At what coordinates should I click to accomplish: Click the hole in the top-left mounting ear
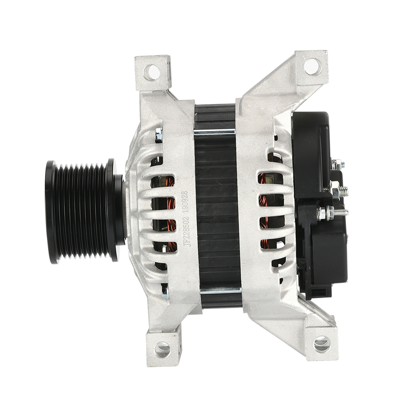(x=152, y=72)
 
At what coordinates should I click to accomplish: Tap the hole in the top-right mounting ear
(x=313, y=66)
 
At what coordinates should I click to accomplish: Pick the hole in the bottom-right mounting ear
(x=322, y=344)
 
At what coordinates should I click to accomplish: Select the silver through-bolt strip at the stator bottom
(x=220, y=290)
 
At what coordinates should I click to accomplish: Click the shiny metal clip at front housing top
(x=158, y=135)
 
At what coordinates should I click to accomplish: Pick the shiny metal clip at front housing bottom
(x=164, y=292)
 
